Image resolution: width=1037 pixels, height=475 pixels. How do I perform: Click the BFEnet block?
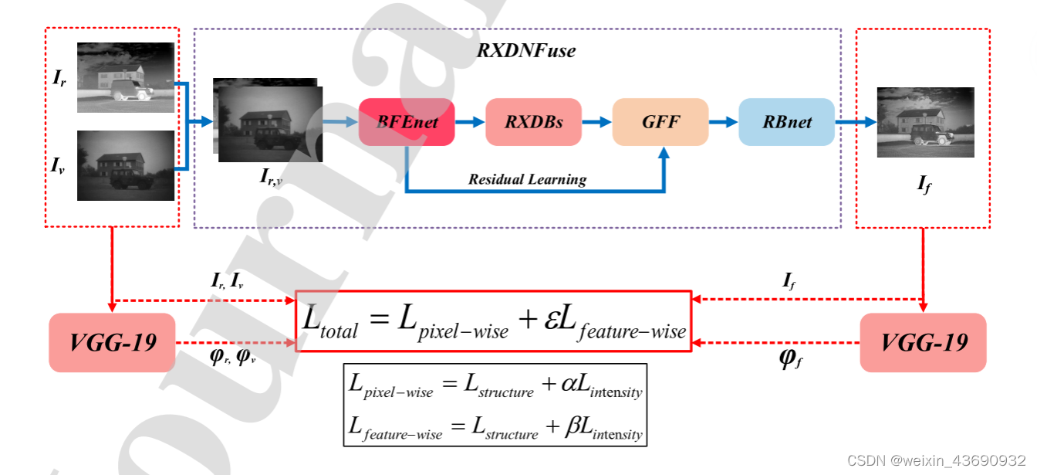(407, 122)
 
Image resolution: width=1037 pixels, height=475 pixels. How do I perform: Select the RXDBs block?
(533, 122)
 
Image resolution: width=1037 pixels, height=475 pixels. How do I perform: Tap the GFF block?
(660, 122)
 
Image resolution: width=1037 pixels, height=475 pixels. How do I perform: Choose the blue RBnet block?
(786, 122)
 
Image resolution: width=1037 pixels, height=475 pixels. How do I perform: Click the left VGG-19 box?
(113, 342)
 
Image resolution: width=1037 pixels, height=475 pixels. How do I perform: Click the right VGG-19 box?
(923, 342)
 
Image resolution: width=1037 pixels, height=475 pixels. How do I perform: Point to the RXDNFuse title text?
(526, 52)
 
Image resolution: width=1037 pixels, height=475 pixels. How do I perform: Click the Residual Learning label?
(528, 179)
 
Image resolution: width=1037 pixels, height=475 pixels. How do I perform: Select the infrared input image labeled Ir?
(126, 77)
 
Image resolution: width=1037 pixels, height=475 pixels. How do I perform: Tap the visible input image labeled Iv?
(126, 165)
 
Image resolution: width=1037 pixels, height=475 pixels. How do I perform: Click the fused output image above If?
(925, 122)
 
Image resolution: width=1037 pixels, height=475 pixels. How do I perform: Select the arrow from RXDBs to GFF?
(596, 122)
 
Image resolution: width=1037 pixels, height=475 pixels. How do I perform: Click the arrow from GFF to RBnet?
(723, 122)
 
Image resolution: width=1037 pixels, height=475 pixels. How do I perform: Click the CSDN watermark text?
(936, 461)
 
